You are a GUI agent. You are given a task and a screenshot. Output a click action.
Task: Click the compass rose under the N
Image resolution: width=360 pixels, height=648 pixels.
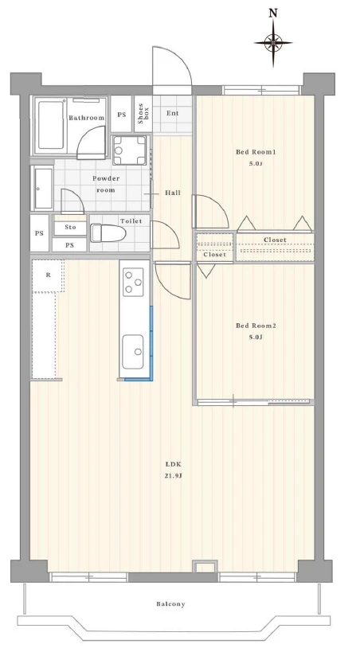(273, 42)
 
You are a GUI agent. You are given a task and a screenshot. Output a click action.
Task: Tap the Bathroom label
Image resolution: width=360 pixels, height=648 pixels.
(86, 118)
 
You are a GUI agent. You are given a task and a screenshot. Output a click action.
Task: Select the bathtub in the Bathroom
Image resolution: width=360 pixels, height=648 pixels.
(51, 126)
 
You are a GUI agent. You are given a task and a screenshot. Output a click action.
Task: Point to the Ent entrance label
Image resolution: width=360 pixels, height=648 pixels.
(172, 113)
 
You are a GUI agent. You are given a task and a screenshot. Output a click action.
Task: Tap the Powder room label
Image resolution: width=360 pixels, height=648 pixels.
(106, 185)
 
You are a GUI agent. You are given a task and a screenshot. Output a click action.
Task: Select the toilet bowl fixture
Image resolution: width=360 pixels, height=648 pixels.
(108, 233)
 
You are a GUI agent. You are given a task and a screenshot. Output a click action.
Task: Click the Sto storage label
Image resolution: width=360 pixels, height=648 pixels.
(70, 228)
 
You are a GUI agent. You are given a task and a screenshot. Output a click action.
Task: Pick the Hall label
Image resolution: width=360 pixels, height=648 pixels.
(173, 193)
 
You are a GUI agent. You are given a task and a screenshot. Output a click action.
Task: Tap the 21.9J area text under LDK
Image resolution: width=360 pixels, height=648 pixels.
(173, 476)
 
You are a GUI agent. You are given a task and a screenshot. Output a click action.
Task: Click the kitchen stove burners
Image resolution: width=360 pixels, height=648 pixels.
(133, 282)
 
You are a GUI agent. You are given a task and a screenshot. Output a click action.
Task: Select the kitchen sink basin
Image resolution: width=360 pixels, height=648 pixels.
(133, 352)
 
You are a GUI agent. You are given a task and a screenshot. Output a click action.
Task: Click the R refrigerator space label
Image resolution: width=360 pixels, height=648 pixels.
(49, 275)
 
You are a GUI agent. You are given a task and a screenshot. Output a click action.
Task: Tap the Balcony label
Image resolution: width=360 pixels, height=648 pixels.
(170, 603)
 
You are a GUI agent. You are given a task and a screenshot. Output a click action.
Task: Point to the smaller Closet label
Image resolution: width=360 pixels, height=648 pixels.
(214, 255)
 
